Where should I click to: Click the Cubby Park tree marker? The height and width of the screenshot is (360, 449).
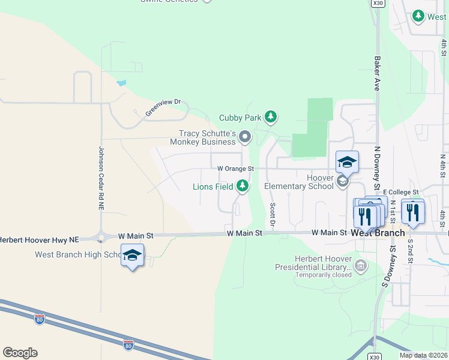pos(271,116)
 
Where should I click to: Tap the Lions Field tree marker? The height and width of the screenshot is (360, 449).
pos(243,187)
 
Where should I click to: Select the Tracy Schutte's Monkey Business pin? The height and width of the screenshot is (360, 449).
pos(245,137)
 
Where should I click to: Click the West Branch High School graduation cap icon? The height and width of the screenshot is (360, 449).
pos(132,256)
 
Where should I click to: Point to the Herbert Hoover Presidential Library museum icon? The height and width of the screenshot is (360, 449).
pos(360,265)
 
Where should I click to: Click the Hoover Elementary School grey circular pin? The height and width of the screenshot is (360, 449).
pos(343,181)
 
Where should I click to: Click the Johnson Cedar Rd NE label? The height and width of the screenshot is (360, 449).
pos(101,178)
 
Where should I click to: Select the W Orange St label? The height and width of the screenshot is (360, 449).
pos(236,169)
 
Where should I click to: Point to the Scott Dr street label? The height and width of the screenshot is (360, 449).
pos(273,215)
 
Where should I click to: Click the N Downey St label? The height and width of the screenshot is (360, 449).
pos(378,164)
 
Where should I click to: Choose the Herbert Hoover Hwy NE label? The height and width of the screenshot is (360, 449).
pos(39,239)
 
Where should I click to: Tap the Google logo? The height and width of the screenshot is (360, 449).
pos(20,352)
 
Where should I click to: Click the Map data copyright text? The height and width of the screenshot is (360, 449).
pos(423,355)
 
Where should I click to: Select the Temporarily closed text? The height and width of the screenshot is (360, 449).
pos(323,275)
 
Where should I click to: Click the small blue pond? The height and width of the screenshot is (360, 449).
pos(122,83)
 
